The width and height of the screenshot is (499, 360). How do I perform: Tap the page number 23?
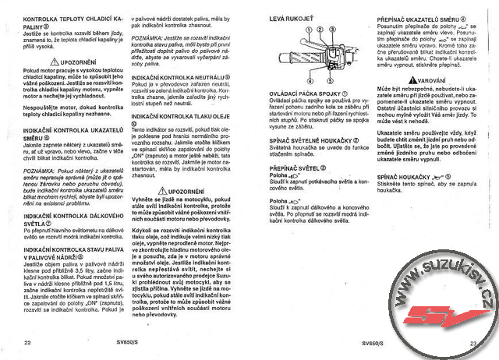point(472,342)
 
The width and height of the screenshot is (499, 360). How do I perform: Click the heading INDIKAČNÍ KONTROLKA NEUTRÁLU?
point(180,79)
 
